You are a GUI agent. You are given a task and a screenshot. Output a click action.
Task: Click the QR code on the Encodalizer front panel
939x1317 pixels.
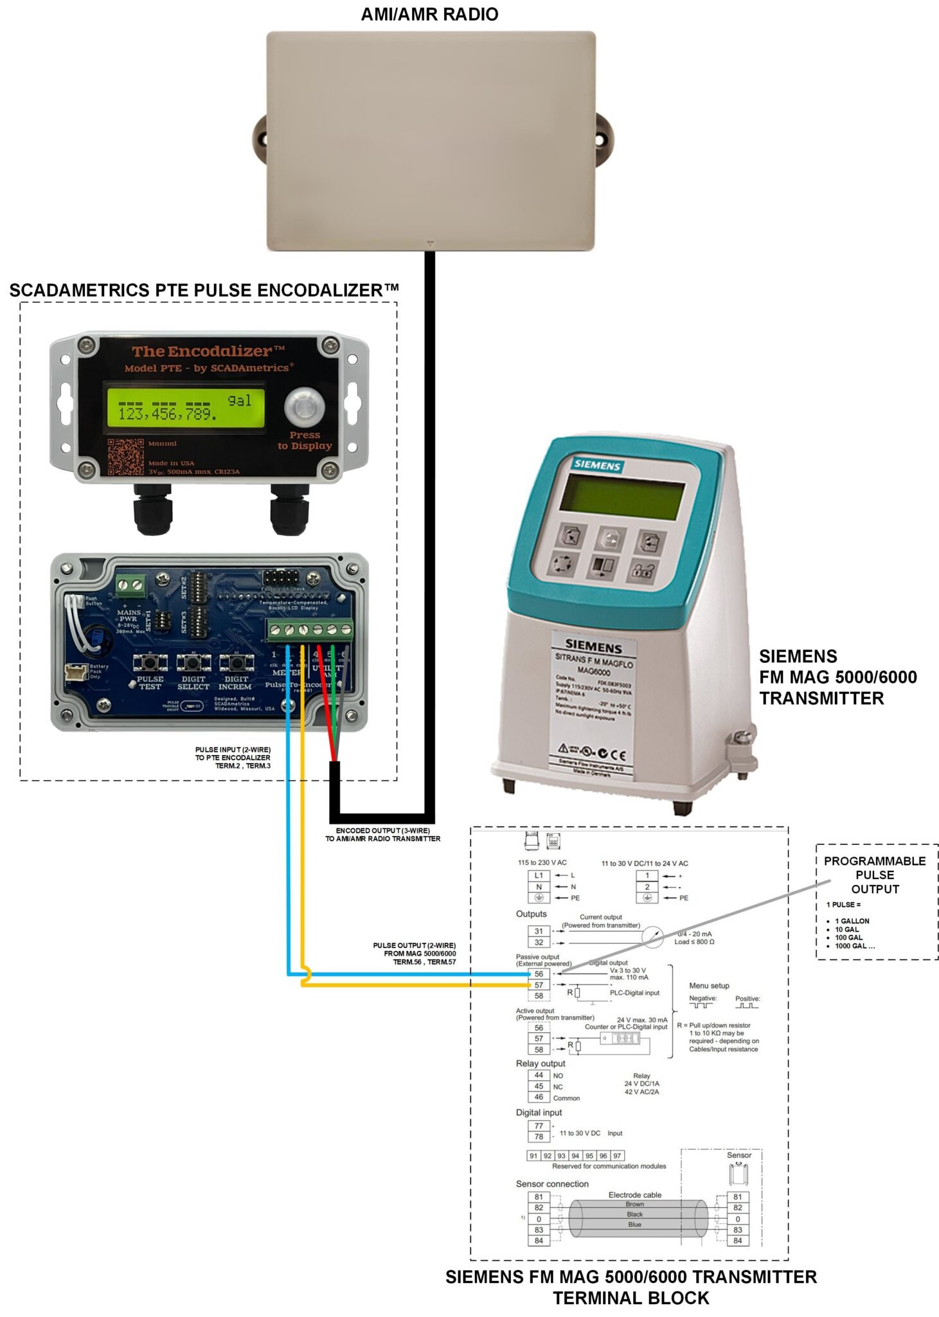point(125,457)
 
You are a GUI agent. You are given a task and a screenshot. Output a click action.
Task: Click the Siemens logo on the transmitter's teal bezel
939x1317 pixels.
point(597,465)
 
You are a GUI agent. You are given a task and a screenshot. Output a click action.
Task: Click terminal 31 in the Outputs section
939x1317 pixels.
point(539,931)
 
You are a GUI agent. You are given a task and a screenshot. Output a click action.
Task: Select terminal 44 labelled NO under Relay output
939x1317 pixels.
point(539,1075)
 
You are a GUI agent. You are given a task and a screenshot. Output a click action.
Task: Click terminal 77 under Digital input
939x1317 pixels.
point(539,1125)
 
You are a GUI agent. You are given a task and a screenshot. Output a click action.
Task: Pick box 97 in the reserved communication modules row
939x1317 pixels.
point(617,1156)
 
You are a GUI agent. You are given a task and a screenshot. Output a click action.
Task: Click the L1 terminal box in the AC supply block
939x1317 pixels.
point(539,875)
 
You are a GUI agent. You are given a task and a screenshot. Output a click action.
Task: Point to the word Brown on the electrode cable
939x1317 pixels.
point(634,1204)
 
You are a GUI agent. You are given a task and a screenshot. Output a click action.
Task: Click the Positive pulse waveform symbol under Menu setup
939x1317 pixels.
point(747,1005)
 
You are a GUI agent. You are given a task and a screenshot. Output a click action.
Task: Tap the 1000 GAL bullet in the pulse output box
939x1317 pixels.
point(854,946)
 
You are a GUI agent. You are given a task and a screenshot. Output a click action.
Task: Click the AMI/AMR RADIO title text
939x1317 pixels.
point(429,14)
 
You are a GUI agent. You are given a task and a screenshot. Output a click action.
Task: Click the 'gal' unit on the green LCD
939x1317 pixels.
point(239,401)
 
